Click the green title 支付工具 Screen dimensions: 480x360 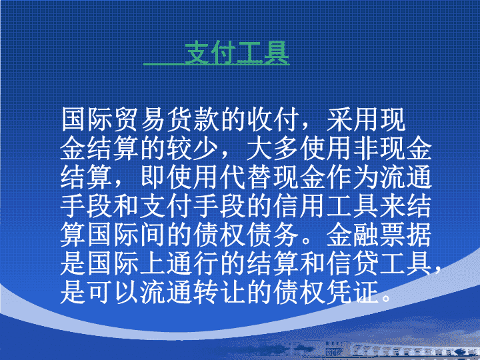click(x=237, y=53)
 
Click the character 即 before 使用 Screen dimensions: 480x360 click(x=153, y=177)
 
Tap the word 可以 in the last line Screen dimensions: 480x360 click(x=113, y=293)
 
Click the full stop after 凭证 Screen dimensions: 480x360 click(x=386, y=298)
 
